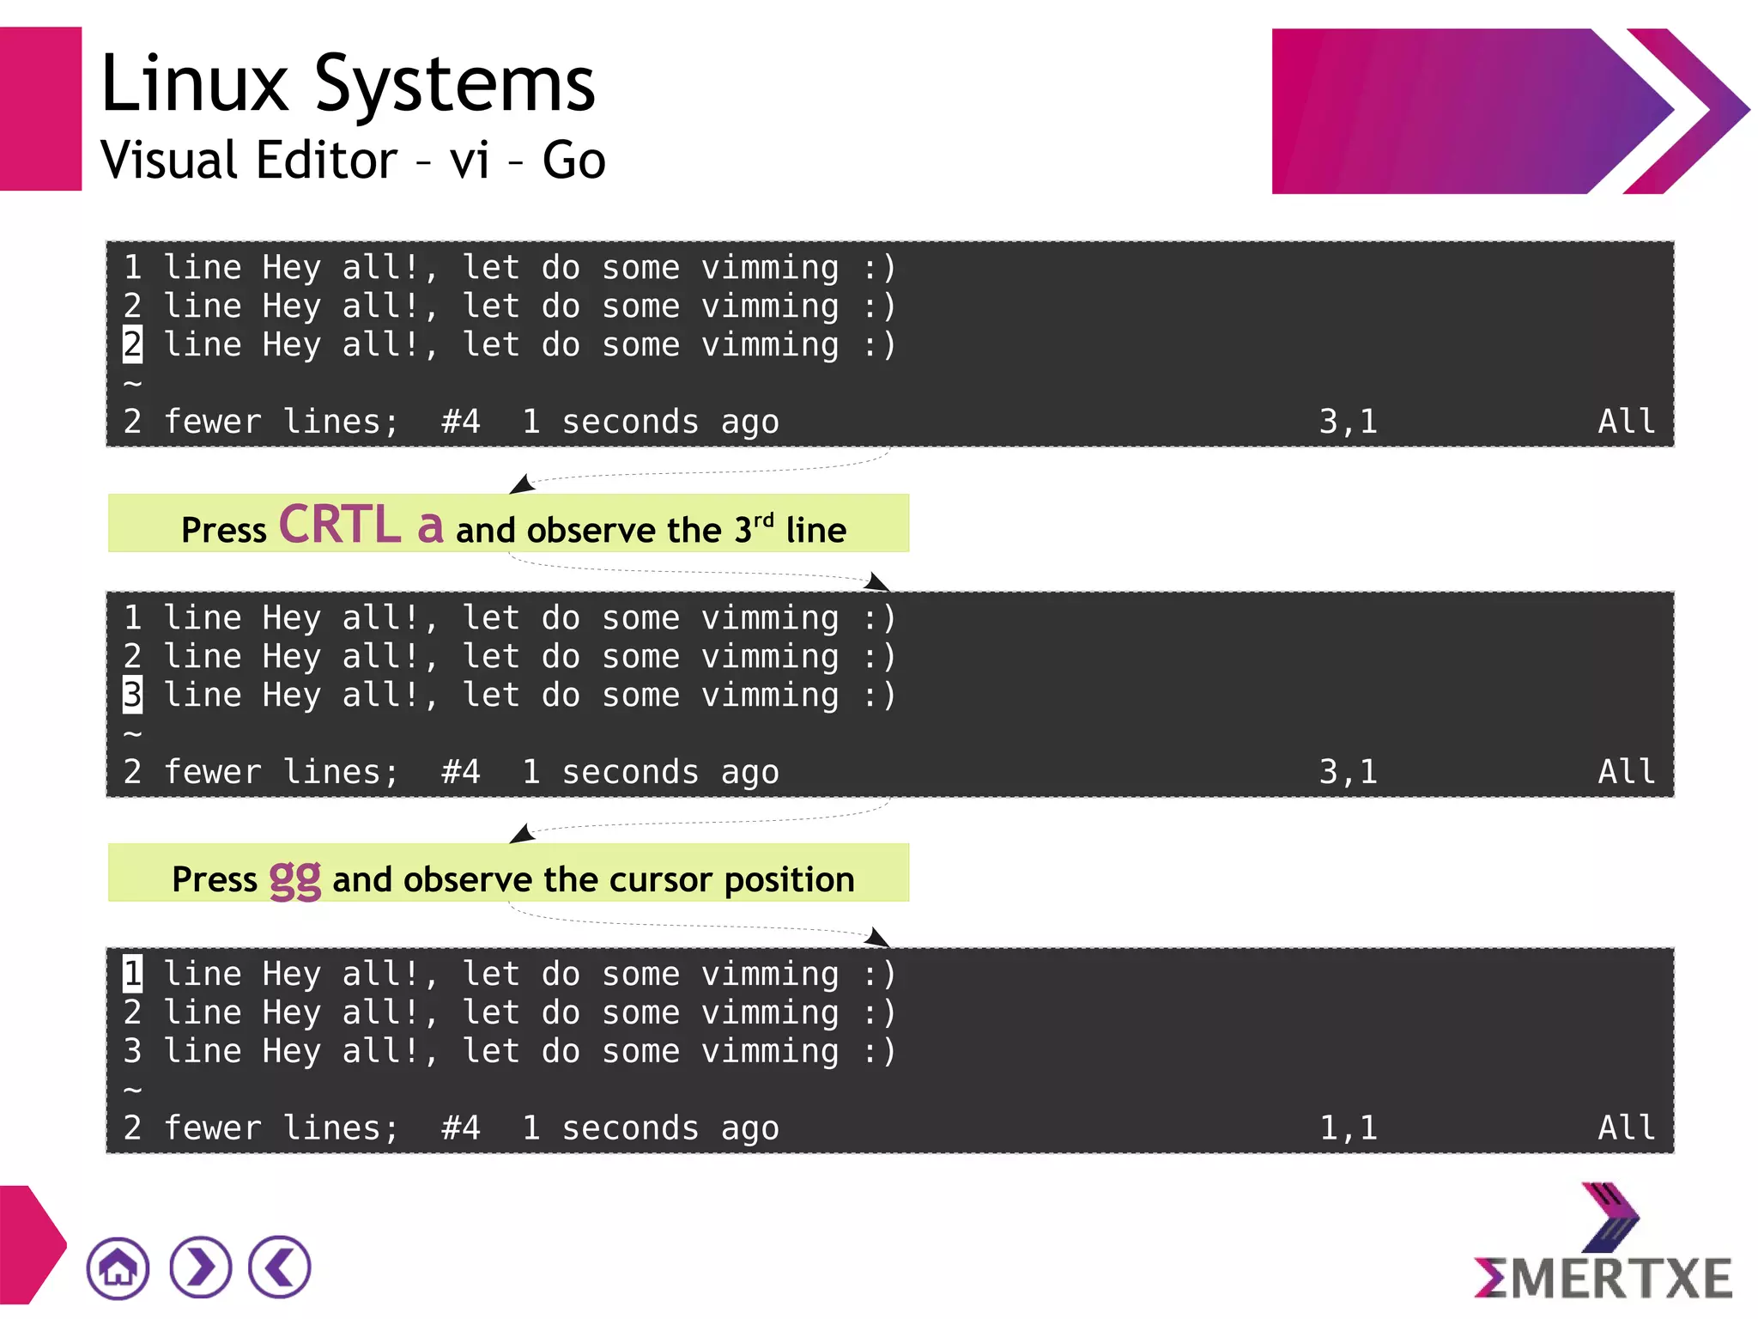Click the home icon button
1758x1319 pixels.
118,1267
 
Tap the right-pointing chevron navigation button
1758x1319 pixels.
200,1267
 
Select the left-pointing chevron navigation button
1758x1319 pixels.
280,1267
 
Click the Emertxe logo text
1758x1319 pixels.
1603,1278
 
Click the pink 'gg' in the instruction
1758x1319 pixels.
295,878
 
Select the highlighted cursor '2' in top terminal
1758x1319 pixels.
132,345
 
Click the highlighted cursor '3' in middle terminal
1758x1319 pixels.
132,695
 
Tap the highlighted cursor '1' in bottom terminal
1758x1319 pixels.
132,974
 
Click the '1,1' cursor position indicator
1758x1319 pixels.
1348,1128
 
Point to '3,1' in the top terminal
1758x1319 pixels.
1348,422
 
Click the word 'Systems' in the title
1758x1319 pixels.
455,83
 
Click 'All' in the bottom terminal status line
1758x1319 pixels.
1626,1128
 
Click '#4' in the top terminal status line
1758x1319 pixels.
461,422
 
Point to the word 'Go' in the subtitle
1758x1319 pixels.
573,161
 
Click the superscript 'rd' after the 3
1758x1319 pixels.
763,520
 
